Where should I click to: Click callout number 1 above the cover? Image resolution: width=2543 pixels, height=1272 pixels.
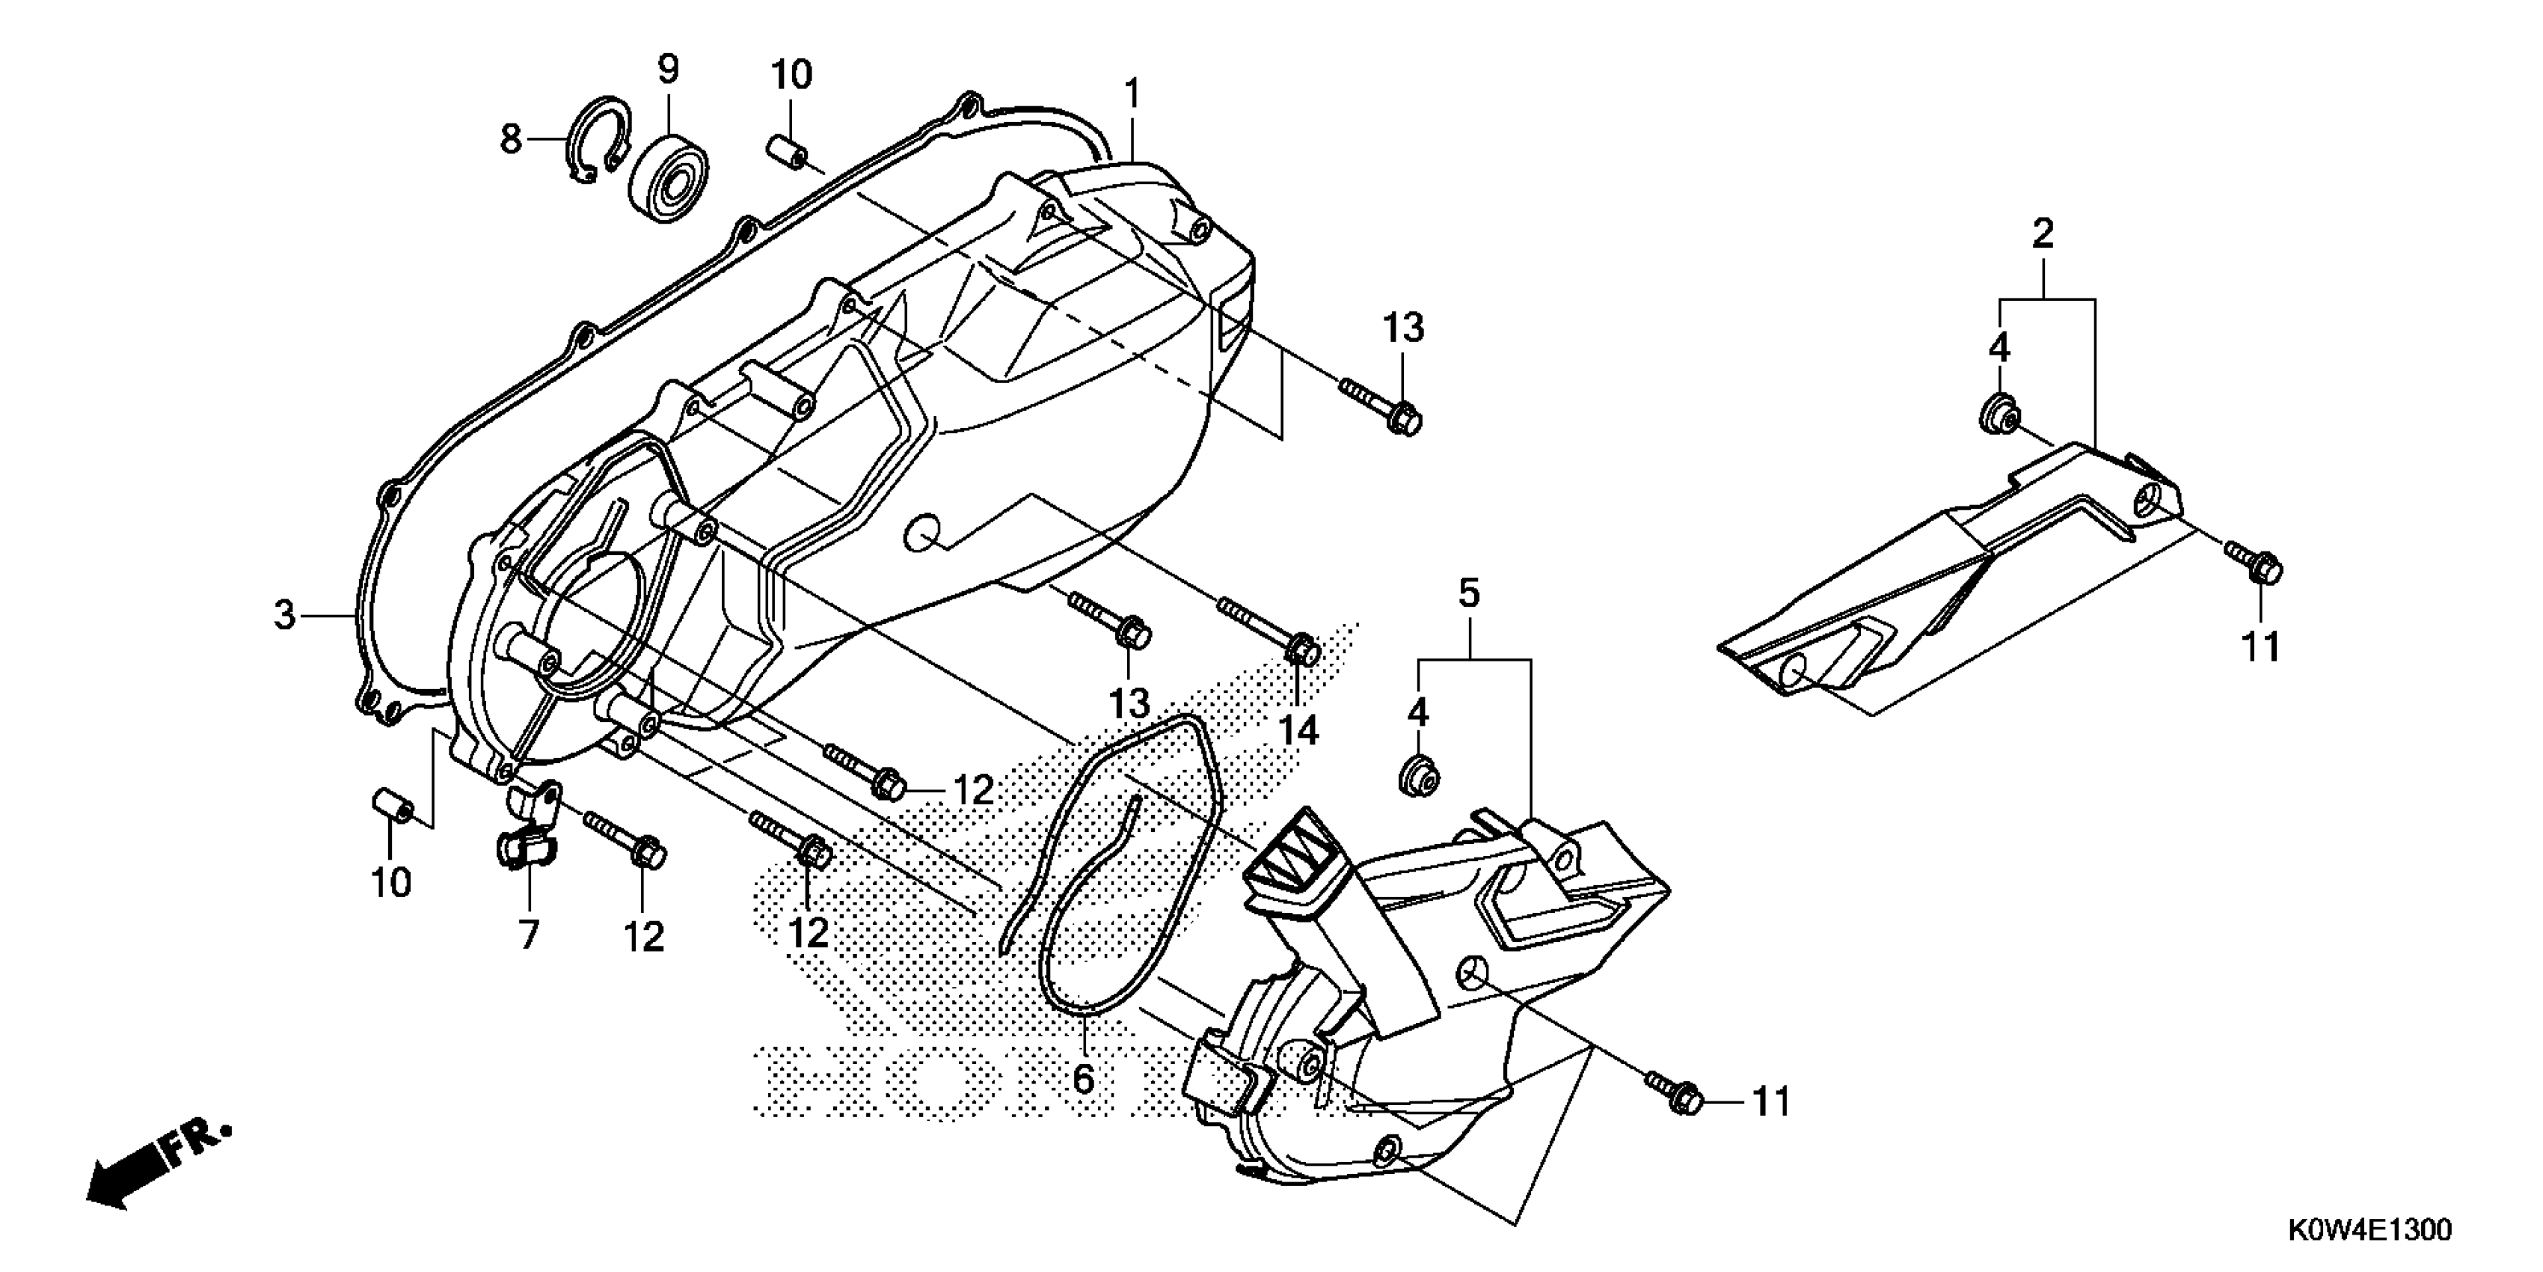1132,94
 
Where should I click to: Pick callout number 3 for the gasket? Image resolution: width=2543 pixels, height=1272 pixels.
284,615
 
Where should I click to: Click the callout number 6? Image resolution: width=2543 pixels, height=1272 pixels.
1083,1078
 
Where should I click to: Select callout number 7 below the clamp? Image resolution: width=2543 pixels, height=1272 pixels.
529,933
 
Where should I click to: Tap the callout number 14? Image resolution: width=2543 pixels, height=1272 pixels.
1299,731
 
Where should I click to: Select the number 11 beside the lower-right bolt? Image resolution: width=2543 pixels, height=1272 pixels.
1771,1102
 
